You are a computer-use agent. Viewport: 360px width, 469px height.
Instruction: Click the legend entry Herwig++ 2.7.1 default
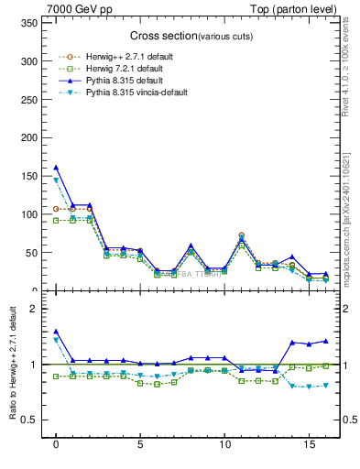point(120,57)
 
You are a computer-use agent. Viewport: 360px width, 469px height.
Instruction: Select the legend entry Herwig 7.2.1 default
point(118,69)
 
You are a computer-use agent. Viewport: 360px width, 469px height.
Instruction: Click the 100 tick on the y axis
point(30,214)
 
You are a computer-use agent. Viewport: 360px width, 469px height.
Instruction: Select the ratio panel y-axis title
point(11,366)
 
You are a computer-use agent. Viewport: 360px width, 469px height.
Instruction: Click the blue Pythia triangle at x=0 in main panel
point(56,168)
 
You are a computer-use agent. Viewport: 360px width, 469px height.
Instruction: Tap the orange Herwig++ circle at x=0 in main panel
point(56,209)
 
